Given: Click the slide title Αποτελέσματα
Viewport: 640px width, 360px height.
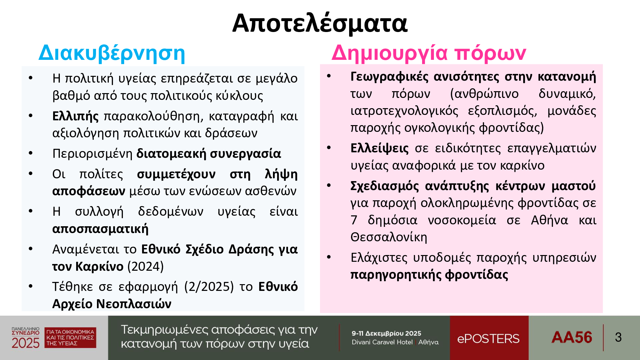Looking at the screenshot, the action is (x=320, y=23).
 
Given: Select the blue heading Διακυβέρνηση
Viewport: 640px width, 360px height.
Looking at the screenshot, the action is (x=112, y=53).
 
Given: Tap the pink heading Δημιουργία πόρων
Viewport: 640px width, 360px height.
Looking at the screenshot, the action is (x=429, y=53).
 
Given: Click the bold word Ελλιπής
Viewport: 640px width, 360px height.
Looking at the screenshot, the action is (x=76, y=116).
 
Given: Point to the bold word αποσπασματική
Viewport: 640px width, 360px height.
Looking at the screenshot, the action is (x=100, y=229).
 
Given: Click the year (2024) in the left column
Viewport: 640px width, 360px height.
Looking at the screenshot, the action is (x=146, y=266).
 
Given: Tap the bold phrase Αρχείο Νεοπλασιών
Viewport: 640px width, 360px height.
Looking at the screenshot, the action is (x=112, y=304).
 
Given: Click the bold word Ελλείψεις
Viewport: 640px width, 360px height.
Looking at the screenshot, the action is (x=380, y=148).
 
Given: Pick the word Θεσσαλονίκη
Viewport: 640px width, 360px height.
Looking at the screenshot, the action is (x=389, y=237).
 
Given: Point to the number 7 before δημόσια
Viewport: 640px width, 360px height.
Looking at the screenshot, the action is (x=354, y=220).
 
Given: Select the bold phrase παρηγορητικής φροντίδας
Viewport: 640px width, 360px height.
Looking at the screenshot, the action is (x=429, y=275).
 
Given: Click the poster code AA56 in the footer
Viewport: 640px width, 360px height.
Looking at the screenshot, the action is (x=572, y=337).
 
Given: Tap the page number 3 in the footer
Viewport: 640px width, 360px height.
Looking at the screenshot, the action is (x=618, y=337).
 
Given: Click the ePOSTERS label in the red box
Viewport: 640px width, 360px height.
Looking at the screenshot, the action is (x=488, y=339).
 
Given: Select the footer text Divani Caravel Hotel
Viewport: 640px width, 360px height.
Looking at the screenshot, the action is (x=382, y=342).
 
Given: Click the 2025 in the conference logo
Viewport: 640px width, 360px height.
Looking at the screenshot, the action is (x=26, y=343).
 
